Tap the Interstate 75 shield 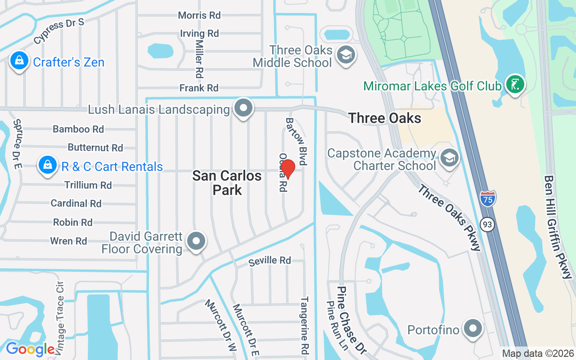487,198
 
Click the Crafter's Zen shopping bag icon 19,61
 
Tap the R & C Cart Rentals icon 47,166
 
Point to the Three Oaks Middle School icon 346,56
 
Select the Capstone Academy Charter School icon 449,159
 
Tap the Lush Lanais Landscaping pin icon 243,109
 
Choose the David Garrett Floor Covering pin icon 196,242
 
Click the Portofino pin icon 472,329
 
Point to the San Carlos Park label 227,182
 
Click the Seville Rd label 270,260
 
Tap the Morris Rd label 199,15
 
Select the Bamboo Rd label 78,129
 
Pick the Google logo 30,349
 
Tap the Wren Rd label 68,241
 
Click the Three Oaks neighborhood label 385,118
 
